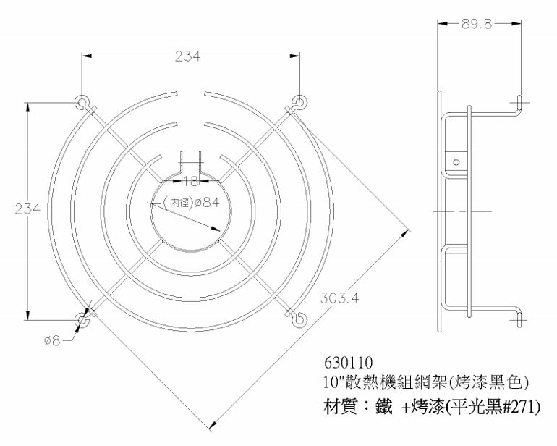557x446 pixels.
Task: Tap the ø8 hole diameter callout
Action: (52, 340)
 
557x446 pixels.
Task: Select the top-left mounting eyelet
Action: (82, 101)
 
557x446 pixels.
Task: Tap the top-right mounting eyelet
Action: (297, 101)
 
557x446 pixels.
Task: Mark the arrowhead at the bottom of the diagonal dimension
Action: (212, 426)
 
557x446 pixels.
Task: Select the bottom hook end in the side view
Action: (517, 316)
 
